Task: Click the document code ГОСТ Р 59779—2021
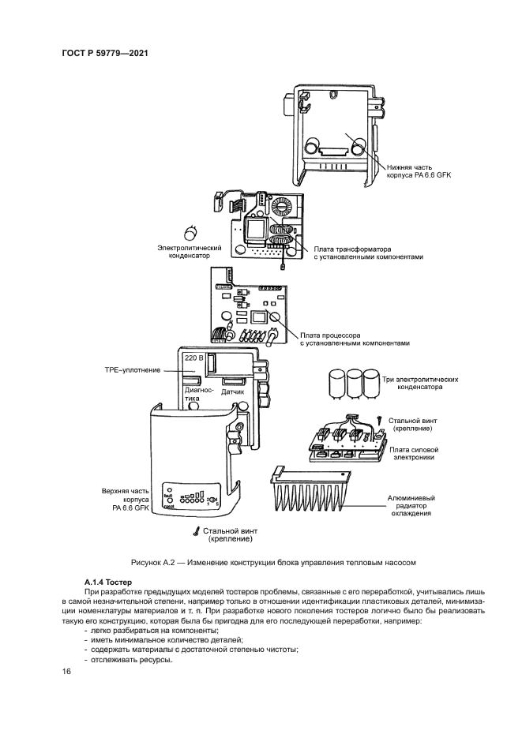104,53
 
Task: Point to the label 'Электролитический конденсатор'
190,251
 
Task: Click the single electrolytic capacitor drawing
191,233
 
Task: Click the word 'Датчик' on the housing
231,391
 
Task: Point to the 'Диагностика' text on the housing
199,395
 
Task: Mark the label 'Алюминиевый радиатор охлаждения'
411,505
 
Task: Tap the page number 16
66,672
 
